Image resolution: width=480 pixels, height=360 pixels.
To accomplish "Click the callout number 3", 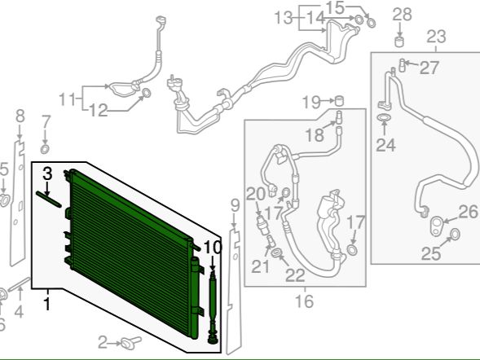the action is click(x=47, y=173).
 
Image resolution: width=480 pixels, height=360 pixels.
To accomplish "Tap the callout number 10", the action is click(x=212, y=247).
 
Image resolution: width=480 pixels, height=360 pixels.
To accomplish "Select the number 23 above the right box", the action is click(x=436, y=37).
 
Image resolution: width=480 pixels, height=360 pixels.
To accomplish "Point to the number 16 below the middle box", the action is click(x=305, y=301).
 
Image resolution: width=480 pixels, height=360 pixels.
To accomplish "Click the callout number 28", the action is click(x=403, y=15).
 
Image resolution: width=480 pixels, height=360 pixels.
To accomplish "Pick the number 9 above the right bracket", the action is click(x=235, y=205).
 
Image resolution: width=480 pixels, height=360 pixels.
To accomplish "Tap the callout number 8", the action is click(x=20, y=116).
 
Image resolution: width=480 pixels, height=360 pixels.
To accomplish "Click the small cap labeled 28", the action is click(x=399, y=42).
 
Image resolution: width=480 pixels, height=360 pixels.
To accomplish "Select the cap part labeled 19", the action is click(x=338, y=101).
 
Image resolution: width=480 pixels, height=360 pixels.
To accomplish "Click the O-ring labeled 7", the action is click(x=45, y=150).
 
